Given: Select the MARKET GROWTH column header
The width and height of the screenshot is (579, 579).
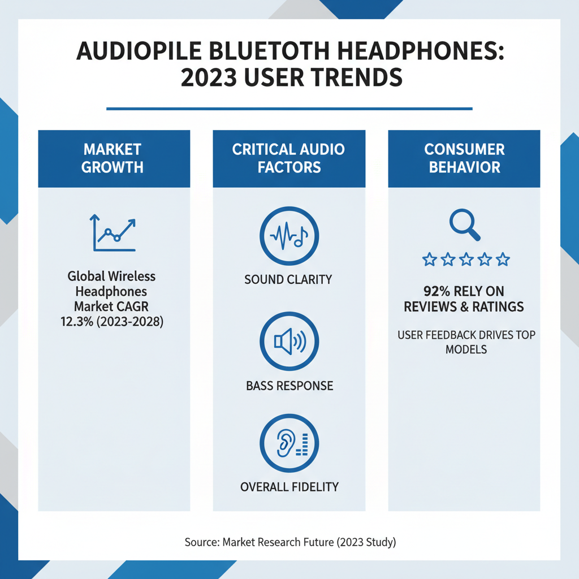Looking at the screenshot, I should click(x=114, y=158).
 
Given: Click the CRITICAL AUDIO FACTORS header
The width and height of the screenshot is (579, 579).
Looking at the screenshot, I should click(x=288, y=158).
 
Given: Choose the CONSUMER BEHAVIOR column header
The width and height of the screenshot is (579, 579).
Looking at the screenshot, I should click(x=464, y=158).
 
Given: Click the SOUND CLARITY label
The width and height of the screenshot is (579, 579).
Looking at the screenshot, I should click(x=288, y=279).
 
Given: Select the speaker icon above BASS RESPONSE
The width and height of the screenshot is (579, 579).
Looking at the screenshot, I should click(x=288, y=342).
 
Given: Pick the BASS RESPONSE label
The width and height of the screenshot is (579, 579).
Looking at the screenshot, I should click(x=289, y=386).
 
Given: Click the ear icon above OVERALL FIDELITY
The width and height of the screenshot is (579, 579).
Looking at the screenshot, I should click(x=288, y=443).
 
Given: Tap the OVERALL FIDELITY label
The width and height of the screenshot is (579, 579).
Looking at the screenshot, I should click(x=289, y=487).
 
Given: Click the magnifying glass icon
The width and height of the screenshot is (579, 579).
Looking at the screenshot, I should click(x=465, y=225).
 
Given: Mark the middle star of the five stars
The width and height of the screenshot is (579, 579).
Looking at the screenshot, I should click(x=466, y=260).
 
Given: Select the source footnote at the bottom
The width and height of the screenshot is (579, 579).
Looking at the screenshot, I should click(x=290, y=542).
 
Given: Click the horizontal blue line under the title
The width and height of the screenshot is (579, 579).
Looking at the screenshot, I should click(x=289, y=109).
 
